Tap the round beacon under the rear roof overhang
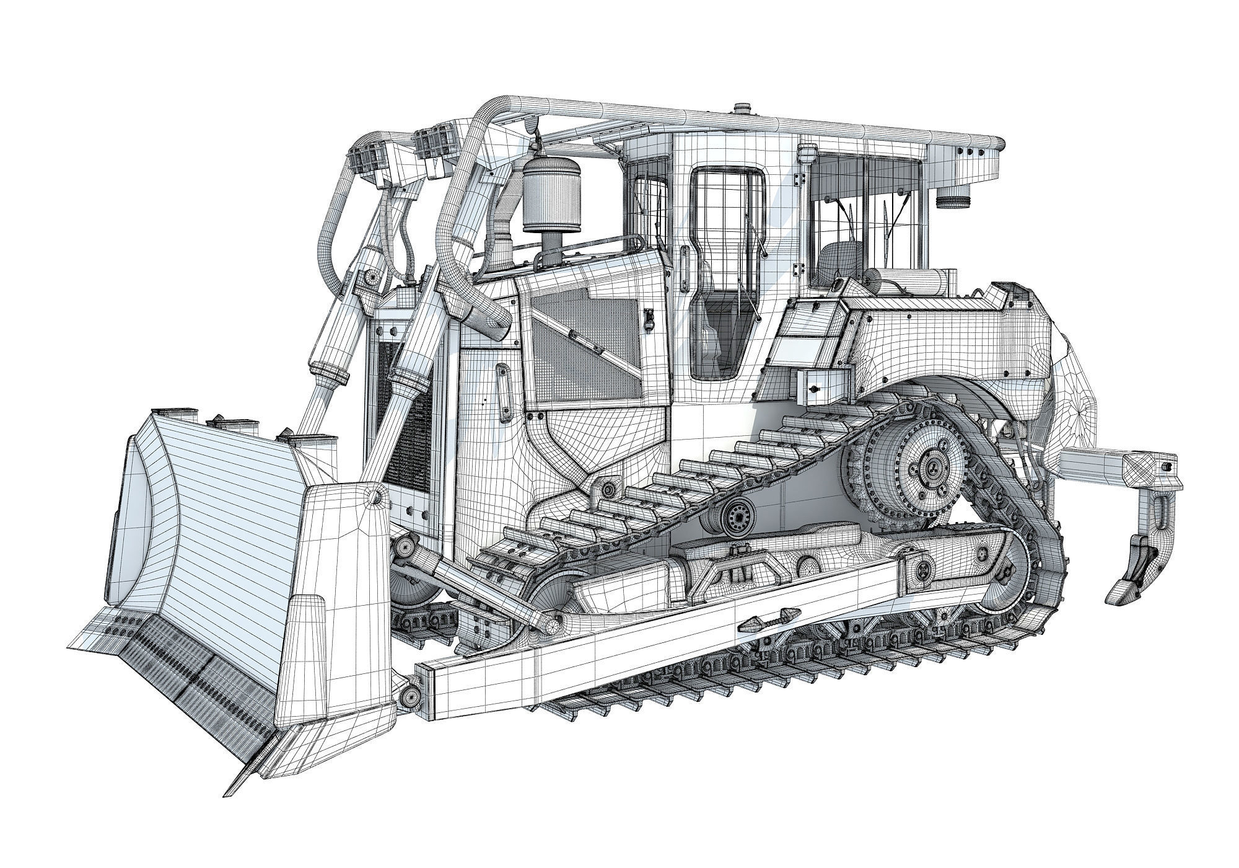point(950,202)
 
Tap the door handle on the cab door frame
point(684,270)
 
